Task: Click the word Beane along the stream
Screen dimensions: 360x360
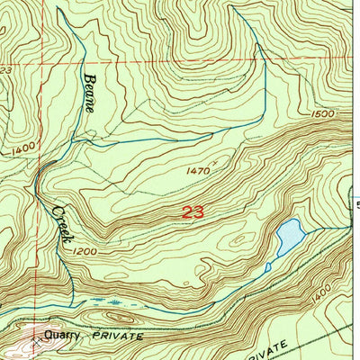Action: [91, 93]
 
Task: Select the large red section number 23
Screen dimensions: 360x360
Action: [193, 212]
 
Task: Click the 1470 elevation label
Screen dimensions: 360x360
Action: [199, 168]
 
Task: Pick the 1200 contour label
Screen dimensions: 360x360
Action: [84, 252]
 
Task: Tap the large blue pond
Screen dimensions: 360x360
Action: [288, 236]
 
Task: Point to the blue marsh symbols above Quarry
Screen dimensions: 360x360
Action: [117, 304]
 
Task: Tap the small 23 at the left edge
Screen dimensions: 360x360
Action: [5, 69]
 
